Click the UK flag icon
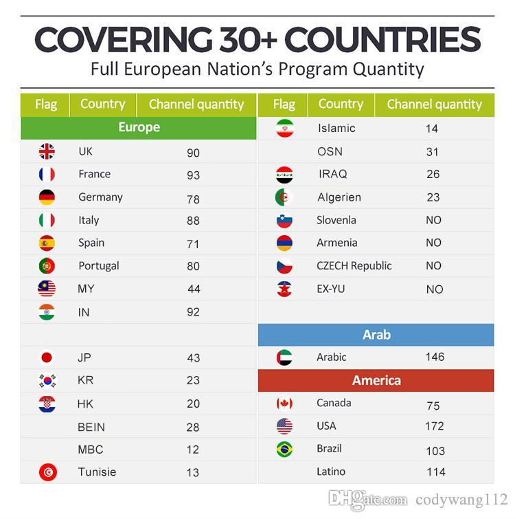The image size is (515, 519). click(47, 151)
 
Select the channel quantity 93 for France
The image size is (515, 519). click(193, 175)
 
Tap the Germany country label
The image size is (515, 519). click(100, 197)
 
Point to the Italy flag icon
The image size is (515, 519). click(47, 220)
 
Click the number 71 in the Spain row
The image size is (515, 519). click(193, 244)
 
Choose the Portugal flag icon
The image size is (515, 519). click(47, 266)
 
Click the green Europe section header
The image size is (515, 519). click(139, 127)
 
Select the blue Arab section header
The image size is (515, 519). click(376, 335)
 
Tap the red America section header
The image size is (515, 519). click(376, 380)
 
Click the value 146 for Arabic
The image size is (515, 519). click(435, 357)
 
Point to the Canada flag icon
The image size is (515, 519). click(284, 404)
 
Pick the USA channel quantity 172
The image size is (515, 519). click(434, 426)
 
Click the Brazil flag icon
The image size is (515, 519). click(284, 449)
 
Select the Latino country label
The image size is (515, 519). click(331, 472)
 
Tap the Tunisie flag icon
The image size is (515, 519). click(47, 472)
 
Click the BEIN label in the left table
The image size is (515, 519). click(91, 427)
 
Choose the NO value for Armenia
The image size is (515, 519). click(433, 243)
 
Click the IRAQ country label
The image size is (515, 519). click(333, 174)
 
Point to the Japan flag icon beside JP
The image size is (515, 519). click(47, 357)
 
